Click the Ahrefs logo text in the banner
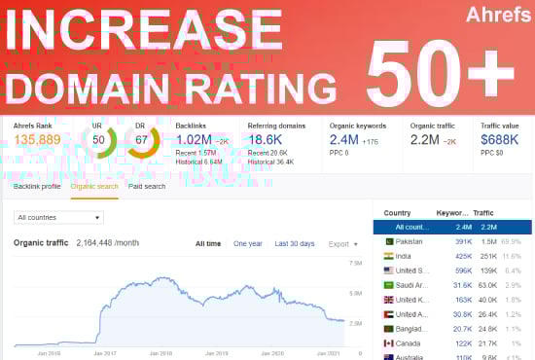click(492, 17)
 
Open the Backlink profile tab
click(37, 186)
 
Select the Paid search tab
click(147, 186)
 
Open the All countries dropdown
click(59, 217)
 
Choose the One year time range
click(247, 244)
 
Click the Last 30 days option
click(294, 244)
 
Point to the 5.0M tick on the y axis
click(355, 292)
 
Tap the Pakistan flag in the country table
click(388, 240)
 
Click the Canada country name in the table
click(408, 343)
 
